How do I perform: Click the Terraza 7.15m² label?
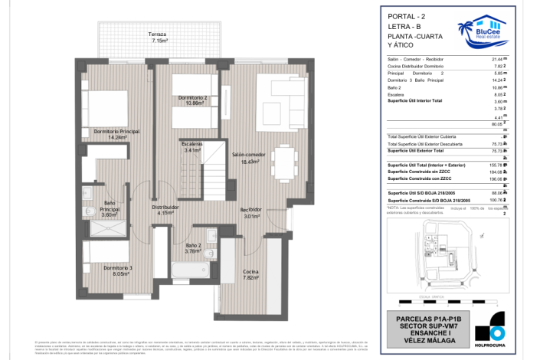pyautogui.click(x=160, y=38)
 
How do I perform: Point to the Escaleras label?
pyautogui.click(x=192, y=148)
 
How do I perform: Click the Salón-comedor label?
pyautogui.click(x=250, y=158)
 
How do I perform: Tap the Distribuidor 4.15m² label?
pyautogui.click(x=165, y=210)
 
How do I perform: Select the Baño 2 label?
pyautogui.click(x=192, y=248)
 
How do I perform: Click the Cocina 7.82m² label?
pyautogui.click(x=250, y=276)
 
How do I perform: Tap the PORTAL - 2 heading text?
pyautogui.click(x=403, y=16)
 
